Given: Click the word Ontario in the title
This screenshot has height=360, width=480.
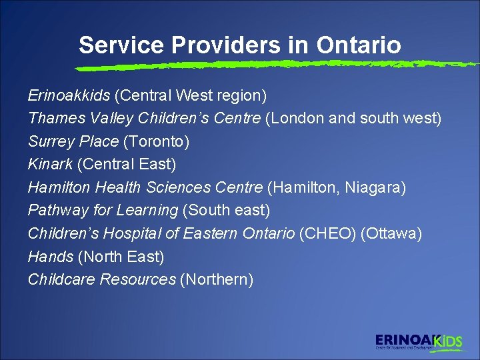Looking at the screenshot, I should (359, 45).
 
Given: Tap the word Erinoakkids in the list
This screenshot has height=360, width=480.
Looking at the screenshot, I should (69, 95).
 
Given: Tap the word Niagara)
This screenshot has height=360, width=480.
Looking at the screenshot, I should (375, 187).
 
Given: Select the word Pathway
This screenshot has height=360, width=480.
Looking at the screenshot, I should (58, 210).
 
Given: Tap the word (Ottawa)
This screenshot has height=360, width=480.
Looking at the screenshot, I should (391, 233).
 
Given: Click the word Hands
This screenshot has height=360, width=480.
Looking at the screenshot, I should (50, 256).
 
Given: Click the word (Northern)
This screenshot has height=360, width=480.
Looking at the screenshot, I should (217, 279).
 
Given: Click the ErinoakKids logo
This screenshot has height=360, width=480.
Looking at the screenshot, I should (418, 341).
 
